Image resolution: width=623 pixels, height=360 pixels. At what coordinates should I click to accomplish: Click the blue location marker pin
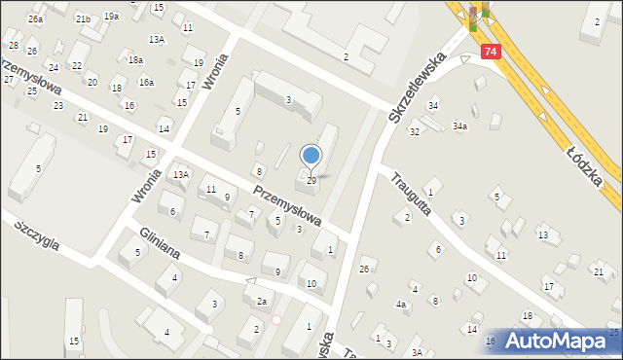[x=311, y=156]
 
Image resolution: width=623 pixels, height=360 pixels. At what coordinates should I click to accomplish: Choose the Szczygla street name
[x=37, y=234]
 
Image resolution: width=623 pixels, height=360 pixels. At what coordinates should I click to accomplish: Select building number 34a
[x=459, y=126]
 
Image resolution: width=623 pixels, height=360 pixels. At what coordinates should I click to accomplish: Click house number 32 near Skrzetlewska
[x=414, y=131]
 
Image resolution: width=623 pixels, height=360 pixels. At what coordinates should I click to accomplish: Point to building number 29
[x=311, y=181]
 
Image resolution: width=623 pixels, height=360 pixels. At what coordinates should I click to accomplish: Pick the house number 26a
[x=36, y=19]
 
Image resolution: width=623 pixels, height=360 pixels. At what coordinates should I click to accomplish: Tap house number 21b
[x=83, y=19]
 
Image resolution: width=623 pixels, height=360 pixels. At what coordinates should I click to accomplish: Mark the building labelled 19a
[x=111, y=17]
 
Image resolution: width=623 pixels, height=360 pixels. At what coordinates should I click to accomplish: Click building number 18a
[x=135, y=60]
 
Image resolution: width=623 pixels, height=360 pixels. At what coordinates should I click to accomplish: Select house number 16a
[x=146, y=83]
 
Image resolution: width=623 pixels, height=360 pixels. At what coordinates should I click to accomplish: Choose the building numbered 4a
[x=400, y=305]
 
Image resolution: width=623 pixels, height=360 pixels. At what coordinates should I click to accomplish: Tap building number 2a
[x=261, y=302]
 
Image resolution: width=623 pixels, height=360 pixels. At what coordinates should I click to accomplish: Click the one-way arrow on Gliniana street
[x=250, y=281]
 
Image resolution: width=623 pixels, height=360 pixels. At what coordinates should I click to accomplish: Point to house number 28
[x=14, y=46]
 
